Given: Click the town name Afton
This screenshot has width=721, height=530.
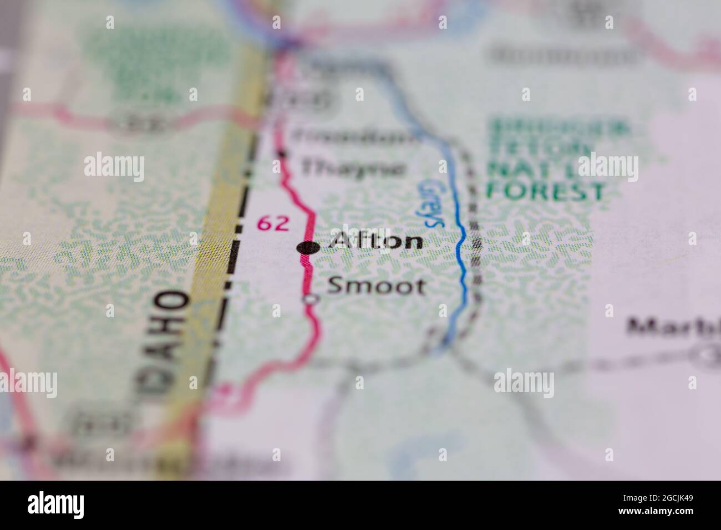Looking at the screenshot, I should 376,242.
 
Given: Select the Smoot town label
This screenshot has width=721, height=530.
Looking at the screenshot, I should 377,286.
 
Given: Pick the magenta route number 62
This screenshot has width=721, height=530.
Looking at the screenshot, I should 272,223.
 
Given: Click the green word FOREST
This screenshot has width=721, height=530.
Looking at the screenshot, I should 545,192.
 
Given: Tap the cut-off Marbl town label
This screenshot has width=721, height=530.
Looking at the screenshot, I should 672,328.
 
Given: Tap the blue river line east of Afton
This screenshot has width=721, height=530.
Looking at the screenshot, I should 460,249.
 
